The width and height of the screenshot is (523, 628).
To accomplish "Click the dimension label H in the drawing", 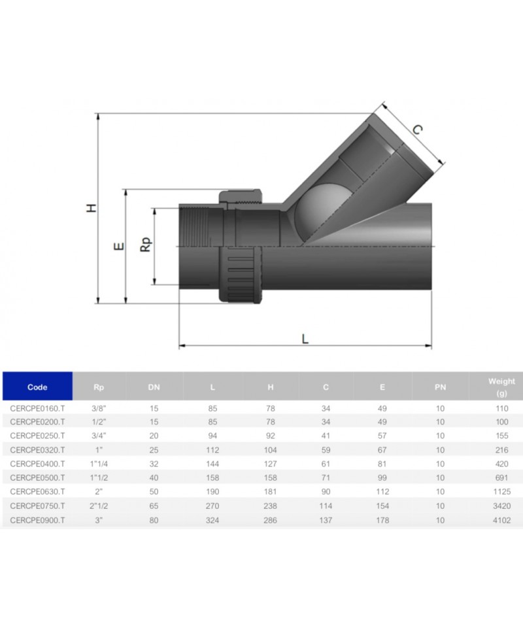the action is [x=92, y=208].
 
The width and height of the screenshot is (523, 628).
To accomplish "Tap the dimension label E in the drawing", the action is [x=119, y=247].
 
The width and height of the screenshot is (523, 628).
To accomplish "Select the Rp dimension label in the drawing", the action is [x=146, y=245].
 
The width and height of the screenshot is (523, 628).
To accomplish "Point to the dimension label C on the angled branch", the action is [x=416, y=130].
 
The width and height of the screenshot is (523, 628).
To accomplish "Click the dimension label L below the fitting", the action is [x=305, y=340].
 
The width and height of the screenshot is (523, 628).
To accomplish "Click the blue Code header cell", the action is [x=38, y=386].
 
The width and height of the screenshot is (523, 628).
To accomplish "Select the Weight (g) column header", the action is [x=501, y=387].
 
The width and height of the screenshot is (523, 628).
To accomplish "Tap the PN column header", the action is [x=440, y=387].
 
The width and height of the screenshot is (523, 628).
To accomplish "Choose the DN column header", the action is [x=154, y=387].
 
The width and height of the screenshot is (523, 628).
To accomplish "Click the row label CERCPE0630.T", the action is [x=38, y=491].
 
